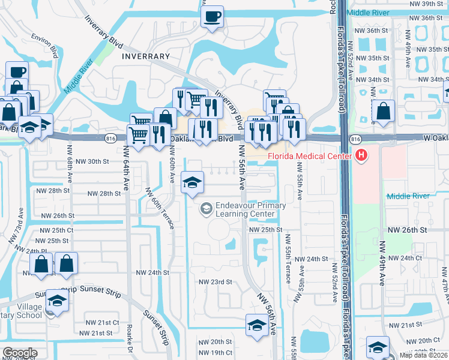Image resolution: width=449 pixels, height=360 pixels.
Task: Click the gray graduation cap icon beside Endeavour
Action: (x=206, y=208)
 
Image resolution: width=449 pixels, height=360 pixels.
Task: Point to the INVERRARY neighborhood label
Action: (x=146, y=56)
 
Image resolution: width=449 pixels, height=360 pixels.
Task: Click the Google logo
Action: (x=20, y=352)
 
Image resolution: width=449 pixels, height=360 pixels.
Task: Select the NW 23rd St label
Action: (x=215, y=281)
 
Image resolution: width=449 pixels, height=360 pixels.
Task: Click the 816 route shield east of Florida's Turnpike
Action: (x=355, y=139)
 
